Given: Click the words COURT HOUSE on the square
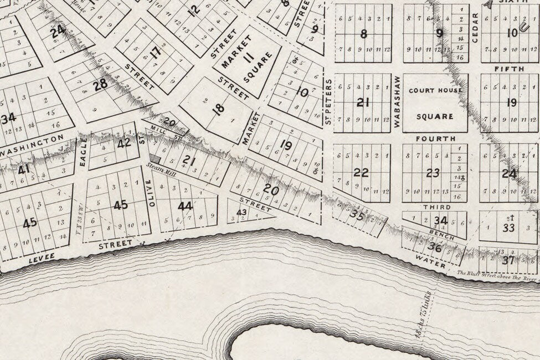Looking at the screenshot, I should [x=435, y=90].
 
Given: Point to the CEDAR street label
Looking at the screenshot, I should [x=474, y=28].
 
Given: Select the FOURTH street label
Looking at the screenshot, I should [x=439, y=138].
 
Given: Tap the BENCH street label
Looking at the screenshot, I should [x=442, y=232].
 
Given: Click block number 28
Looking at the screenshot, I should [x=100, y=85].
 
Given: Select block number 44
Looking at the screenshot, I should [x=185, y=206].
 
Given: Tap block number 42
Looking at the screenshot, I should [x=124, y=142].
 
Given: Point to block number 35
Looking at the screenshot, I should [x=358, y=215].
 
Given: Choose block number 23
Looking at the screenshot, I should [x=433, y=173].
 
